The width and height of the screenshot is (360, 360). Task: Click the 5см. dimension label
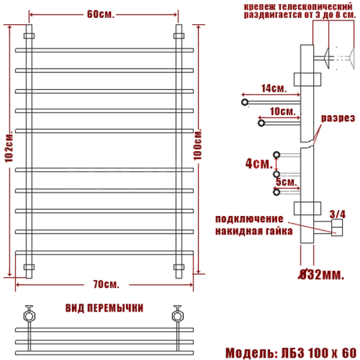tap(284, 181)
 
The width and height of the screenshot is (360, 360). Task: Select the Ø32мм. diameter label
tap(322, 275)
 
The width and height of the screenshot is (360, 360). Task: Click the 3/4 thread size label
tap(338, 213)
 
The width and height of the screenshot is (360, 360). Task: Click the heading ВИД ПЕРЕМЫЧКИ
tap(104, 308)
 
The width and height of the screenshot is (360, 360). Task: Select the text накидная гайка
tap(253, 230)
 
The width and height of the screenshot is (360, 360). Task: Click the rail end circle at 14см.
tap(245, 103)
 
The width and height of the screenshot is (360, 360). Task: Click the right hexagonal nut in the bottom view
tap(177, 314)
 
